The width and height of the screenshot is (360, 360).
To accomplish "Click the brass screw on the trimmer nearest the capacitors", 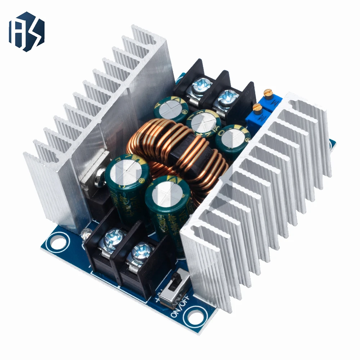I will pyautogui.click(x=257, y=107).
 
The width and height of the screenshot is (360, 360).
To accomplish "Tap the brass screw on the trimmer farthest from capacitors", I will pyautogui.click(x=267, y=93).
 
